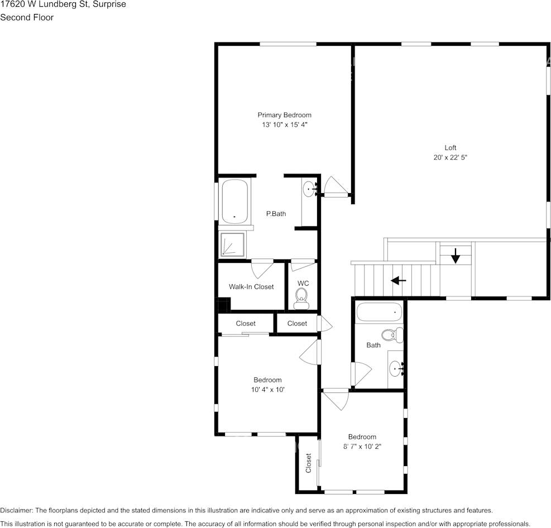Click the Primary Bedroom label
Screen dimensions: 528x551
(x=284, y=115)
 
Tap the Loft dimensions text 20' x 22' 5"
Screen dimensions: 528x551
(x=450, y=157)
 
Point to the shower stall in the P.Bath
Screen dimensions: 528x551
(x=232, y=244)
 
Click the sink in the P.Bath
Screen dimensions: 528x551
(x=309, y=190)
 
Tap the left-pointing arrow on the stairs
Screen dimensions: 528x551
(x=398, y=280)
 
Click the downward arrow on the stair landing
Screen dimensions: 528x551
(x=456, y=256)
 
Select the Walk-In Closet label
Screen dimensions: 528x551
(x=251, y=287)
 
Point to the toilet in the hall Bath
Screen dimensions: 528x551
(x=391, y=335)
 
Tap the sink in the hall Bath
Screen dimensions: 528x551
(x=396, y=368)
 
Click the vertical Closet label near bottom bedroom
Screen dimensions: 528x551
(x=308, y=463)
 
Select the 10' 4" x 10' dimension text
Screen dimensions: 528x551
(x=267, y=390)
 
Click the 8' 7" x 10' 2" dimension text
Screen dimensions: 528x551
(x=362, y=446)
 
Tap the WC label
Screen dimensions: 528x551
(x=303, y=284)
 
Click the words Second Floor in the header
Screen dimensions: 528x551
(x=27, y=17)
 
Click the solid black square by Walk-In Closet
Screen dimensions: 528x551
(x=223, y=306)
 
